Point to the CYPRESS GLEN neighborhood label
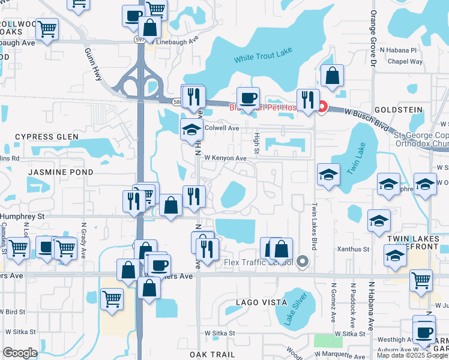pos(47,137)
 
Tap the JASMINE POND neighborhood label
pos(60,172)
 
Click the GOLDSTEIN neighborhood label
pos(399,110)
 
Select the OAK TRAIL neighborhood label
pos(216,355)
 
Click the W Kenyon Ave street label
pos(225,158)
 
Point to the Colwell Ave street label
pos(221,128)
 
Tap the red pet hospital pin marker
pos(322,107)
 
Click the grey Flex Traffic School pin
pos(303,262)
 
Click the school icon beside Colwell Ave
pos(191,129)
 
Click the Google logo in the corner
pos(20,352)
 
